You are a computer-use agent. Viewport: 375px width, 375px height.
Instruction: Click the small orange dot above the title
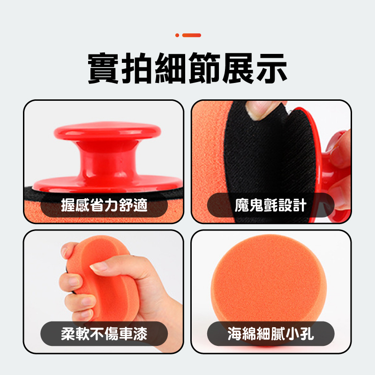click(x=177, y=35)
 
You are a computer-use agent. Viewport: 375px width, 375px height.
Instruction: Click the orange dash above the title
click(x=192, y=35)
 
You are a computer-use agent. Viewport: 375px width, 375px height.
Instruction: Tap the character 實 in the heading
click(x=103, y=68)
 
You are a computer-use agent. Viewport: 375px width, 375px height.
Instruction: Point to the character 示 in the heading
click(x=272, y=68)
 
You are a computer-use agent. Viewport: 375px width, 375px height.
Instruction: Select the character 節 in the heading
click(x=204, y=68)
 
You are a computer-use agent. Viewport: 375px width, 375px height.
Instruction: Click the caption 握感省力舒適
click(x=104, y=205)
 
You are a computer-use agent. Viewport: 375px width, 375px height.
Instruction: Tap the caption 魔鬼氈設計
click(x=271, y=205)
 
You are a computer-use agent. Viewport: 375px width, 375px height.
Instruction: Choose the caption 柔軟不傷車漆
click(x=104, y=334)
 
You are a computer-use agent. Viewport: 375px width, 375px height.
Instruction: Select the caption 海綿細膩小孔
click(x=271, y=334)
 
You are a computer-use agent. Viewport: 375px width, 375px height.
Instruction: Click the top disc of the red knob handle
click(x=107, y=131)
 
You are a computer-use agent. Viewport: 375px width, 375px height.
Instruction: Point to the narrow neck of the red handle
click(x=108, y=159)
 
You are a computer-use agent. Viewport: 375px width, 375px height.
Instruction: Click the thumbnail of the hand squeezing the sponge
click(x=104, y=292)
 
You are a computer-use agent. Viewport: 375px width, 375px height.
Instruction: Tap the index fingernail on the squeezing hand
click(x=98, y=267)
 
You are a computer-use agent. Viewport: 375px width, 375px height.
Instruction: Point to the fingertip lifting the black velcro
click(x=260, y=110)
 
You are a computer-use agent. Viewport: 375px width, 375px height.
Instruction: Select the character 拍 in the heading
click(x=137, y=68)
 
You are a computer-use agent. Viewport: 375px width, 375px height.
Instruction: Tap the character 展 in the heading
click(x=238, y=68)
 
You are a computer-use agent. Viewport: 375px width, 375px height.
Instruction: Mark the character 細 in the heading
click(x=171, y=68)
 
